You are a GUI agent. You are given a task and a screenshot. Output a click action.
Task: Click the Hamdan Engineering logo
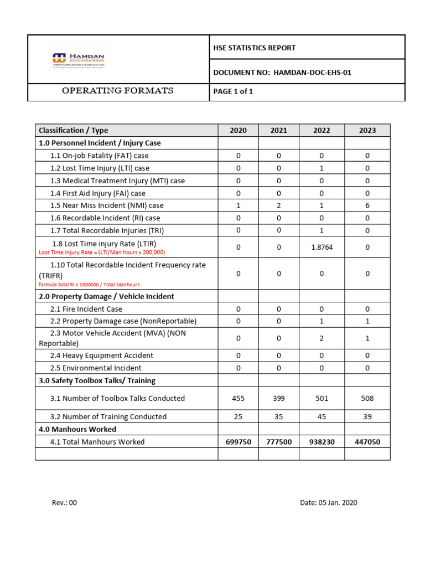pos(78,60)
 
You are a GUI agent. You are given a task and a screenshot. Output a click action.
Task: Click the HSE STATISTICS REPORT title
pos(254,48)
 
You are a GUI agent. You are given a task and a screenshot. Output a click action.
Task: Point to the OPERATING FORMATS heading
pos(117,91)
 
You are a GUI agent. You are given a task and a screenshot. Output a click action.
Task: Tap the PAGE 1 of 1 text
pos(233,91)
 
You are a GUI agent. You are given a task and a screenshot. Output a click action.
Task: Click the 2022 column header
pos(322,130)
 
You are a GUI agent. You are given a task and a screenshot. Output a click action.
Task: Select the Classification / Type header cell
pos(74,130)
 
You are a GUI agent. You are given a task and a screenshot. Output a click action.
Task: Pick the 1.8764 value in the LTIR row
pos(322,248)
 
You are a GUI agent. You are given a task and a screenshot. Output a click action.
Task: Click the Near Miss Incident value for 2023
pos(367,205)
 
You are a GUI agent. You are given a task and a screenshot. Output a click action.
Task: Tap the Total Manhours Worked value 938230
pos(322,442)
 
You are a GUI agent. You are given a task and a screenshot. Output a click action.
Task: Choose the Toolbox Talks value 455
pos(238,398)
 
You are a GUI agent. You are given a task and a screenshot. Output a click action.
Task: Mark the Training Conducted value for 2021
pos(279,416)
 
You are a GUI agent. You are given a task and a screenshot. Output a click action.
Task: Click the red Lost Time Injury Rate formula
pos(102,252)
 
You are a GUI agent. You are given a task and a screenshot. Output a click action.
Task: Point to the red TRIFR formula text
pos(89,285)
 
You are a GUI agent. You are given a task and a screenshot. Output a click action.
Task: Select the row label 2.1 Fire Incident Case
pos(86,309)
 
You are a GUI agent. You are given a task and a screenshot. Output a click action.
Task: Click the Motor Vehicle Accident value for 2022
pos(322,338)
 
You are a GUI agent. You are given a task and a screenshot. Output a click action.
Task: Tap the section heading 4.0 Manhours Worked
pos(77,429)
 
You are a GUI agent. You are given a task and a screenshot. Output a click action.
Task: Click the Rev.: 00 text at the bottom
pos(64,503)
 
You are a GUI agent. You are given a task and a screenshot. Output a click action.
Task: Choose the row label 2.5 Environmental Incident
pos(96,368)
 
